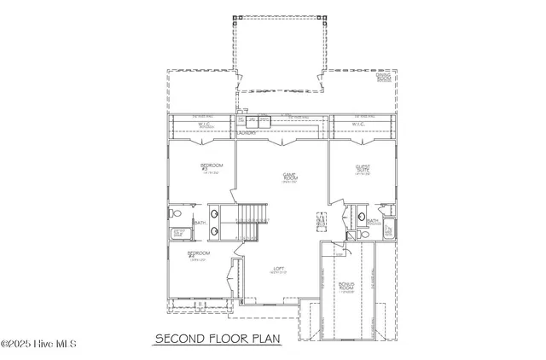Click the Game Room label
pos(289,177)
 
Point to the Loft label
pos(278,270)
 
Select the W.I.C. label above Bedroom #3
pos(203,124)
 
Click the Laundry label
pos(247,133)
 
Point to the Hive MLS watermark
pos(39,344)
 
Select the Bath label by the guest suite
pos(373,220)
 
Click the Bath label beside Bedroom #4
pos(199,223)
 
